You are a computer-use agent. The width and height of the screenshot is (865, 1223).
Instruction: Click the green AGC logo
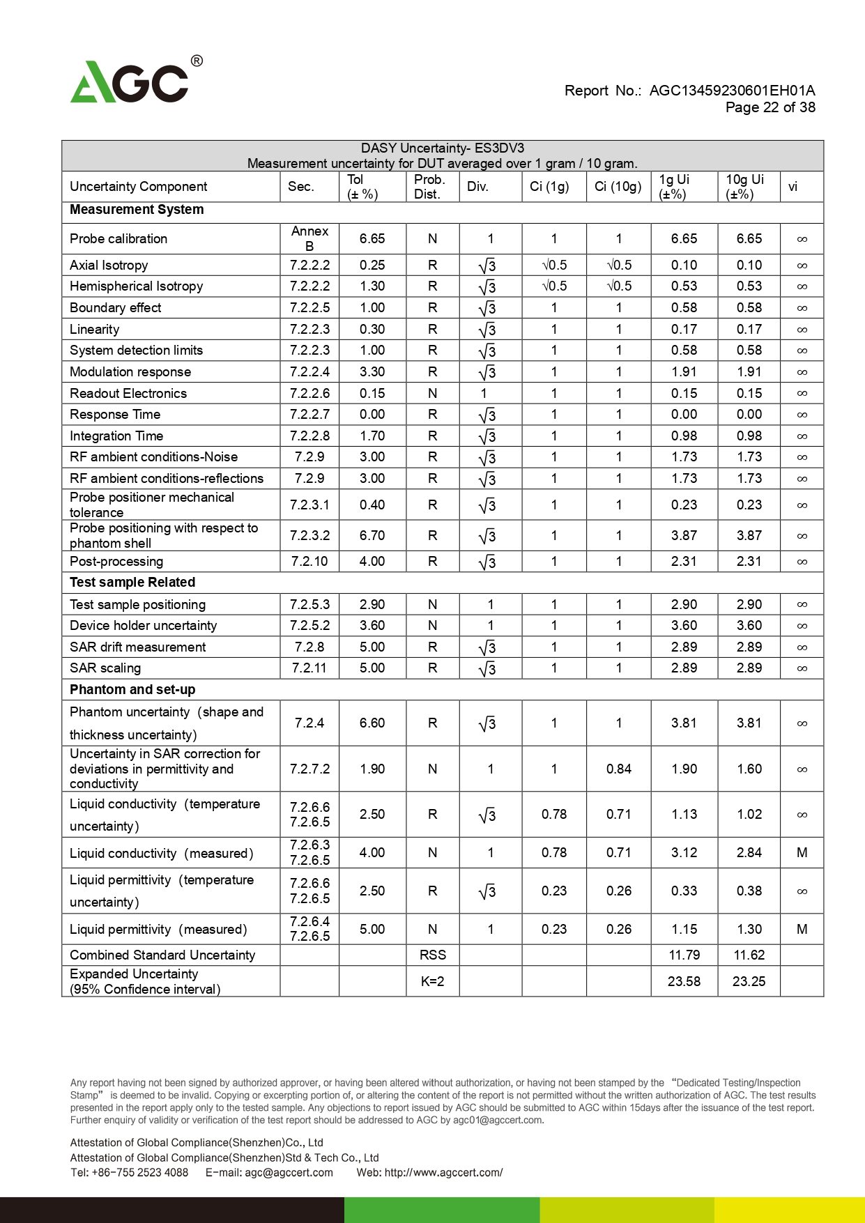tap(130, 83)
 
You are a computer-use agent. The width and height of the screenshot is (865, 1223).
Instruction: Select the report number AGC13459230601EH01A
tap(732, 91)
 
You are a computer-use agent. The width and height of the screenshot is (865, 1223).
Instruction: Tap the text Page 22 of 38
tap(770, 107)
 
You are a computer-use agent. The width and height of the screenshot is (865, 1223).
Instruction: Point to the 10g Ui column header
tap(744, 187)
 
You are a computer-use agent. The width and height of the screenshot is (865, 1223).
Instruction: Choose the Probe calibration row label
tap(118, 239)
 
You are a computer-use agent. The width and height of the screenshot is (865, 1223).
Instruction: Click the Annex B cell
tap(309, 238)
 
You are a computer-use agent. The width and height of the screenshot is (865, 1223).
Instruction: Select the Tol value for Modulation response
tap(372, 372)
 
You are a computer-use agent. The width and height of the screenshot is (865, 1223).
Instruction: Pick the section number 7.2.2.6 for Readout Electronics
tap(309, 394)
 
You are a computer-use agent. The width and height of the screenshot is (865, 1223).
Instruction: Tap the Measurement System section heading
tap(137, 210)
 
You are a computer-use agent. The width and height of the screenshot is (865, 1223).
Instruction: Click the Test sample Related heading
tap(132, 583)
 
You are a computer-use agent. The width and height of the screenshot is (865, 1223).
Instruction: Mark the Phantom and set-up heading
tap(132, 690)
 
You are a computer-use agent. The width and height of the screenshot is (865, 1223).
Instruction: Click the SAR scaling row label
tap(105, 668)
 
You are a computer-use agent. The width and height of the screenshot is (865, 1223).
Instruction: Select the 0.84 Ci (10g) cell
tap(618, 769)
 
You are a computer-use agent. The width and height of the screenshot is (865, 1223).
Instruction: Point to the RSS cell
tap(432, 955)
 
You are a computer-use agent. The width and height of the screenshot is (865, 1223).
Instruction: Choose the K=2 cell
tap(432, 982)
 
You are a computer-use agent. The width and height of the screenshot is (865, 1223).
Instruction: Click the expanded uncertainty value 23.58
tap(684, 982)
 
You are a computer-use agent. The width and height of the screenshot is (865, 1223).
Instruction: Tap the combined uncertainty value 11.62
tap(749, 955)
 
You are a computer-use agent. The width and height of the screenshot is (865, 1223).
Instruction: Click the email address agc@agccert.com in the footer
tap(289, 1173)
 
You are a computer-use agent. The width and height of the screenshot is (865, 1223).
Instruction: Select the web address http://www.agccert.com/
tap(443, 1173)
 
